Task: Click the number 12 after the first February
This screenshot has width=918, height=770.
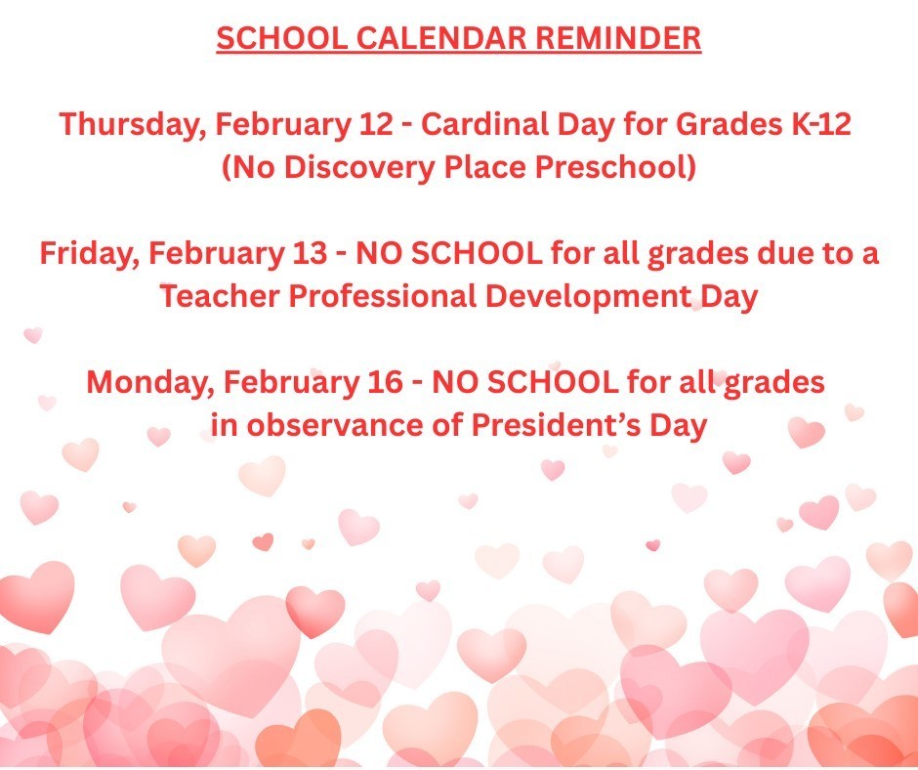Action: tap(377, 126)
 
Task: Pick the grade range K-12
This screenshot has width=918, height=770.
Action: tap(818, 126)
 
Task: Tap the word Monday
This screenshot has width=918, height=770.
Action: tap(145, 382)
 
